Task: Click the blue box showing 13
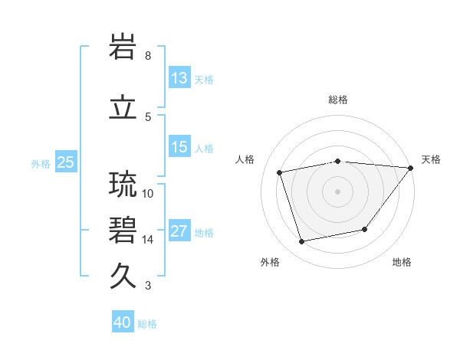[179, 78]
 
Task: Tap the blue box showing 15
[179, 147]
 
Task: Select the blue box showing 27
[179, 232]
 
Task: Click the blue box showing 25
[65, 162]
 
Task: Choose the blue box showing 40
[123, 322]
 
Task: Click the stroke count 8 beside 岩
[148, 56]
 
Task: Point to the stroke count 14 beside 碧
[148, 240]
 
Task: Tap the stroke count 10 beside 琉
[148, 193]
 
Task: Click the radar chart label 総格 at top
[338, 100]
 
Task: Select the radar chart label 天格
[431, 159]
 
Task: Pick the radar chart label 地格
[402, 262]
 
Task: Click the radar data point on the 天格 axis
[411, 167]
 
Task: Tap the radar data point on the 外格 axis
[302, 242]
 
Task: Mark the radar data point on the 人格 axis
[280, 172]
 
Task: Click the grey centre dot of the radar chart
[338, 191]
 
